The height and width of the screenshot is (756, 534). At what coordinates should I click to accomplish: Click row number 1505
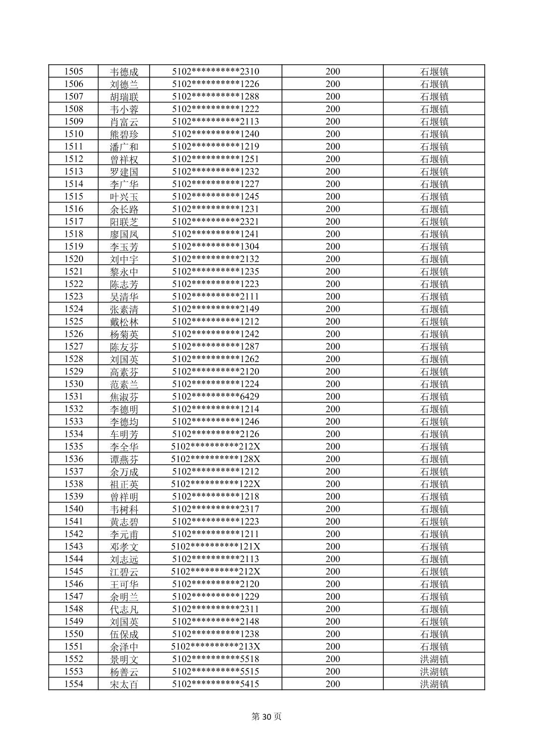click(74, 72)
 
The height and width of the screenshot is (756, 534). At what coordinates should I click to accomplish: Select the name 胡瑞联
click(124, 96)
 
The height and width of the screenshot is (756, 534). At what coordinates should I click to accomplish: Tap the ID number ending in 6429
click(215, 396)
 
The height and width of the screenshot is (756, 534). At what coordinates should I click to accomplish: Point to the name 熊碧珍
click(124, 134)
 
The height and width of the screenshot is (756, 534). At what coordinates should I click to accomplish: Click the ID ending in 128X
click(215, 459)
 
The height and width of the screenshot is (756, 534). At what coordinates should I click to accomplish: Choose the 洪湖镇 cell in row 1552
click(434, 659)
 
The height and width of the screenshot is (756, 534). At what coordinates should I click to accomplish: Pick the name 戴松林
click(124, 322)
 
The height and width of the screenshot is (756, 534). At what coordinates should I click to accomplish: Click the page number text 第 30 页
click(267, 717)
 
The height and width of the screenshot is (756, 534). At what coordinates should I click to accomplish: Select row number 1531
click(74, 396)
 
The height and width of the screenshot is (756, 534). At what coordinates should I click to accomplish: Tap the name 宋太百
click(124, 684)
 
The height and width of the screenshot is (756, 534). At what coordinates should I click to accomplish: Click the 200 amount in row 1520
click(333, 259)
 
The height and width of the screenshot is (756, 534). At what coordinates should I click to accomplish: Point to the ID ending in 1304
click(215, 247)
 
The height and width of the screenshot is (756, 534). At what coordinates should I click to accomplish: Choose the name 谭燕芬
click(124, 459)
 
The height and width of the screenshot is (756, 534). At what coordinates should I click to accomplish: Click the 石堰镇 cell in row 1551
click(434, 647)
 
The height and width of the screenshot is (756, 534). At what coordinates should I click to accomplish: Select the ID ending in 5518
click(215, 659)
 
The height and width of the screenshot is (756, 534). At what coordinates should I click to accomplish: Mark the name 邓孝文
click(124, 547)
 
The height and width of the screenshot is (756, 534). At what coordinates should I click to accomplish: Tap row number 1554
click(74, 684)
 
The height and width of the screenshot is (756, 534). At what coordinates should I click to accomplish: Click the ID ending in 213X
click(215, 647)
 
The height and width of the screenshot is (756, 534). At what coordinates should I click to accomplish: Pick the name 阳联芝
click(124, 222)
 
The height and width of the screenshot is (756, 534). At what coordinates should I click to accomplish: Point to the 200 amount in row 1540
click(333, 509)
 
